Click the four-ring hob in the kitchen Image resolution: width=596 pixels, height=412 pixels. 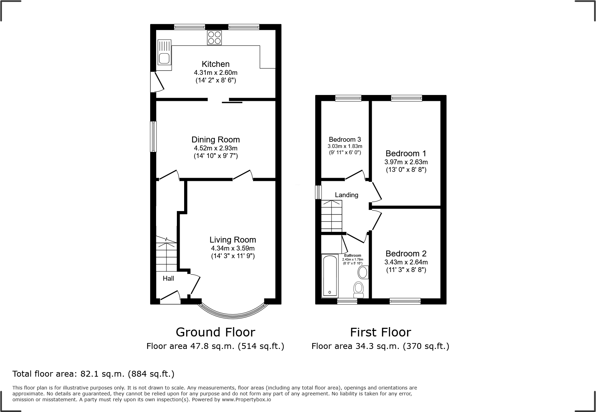click(x=214, y=38)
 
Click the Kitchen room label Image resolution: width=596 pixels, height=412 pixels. click(x=216, y=64)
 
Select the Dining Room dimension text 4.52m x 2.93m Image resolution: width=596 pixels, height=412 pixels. click(x=216, y=148)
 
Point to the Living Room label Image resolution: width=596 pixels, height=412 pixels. click(x=233, y=240)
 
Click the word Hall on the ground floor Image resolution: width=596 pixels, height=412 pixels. click(x=169, y=278)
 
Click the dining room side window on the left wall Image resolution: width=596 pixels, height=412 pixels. click(x=153, y=137)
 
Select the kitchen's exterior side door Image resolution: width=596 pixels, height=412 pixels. click(x=156, y=82)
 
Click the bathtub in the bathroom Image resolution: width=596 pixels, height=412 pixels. click(x=329, y=276)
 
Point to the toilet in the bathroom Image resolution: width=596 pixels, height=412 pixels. click(x=359, y=289)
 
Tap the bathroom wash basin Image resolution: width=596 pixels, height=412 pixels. click(x=363, y=272)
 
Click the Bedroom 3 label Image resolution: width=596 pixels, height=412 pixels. click(x=345, y=139)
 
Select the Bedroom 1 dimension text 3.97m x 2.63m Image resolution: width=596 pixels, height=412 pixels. click(x=406, y=162)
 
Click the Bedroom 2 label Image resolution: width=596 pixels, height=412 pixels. click(x=406, y=254)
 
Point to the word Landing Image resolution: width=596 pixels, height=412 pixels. click(x=346, y=195)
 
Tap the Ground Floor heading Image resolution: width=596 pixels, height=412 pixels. click(x=215, y=332)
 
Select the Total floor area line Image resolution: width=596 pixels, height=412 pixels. click(x=93, y=374)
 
